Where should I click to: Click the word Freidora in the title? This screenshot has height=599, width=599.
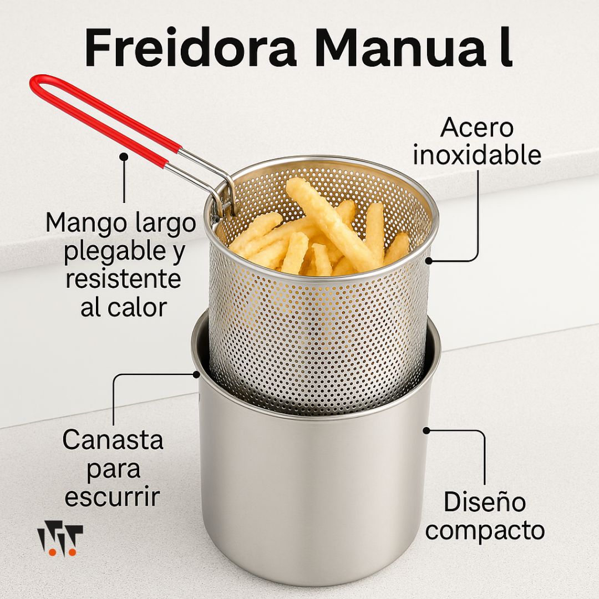click(190, 47)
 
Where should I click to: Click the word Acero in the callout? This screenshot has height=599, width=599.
click(477, 128)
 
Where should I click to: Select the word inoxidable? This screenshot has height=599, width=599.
click(477, 155)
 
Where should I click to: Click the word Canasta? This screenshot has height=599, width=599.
click(113, 440)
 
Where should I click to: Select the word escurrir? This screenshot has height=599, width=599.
click(112, 496)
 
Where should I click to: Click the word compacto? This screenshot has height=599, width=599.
click(485, 531)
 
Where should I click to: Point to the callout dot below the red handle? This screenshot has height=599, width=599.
click(124, 156)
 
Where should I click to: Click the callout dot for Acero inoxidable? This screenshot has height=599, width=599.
click(429, 261)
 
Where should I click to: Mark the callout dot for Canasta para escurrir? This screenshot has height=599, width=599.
click(196, 374)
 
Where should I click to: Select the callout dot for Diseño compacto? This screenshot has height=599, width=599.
click(427, 430)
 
